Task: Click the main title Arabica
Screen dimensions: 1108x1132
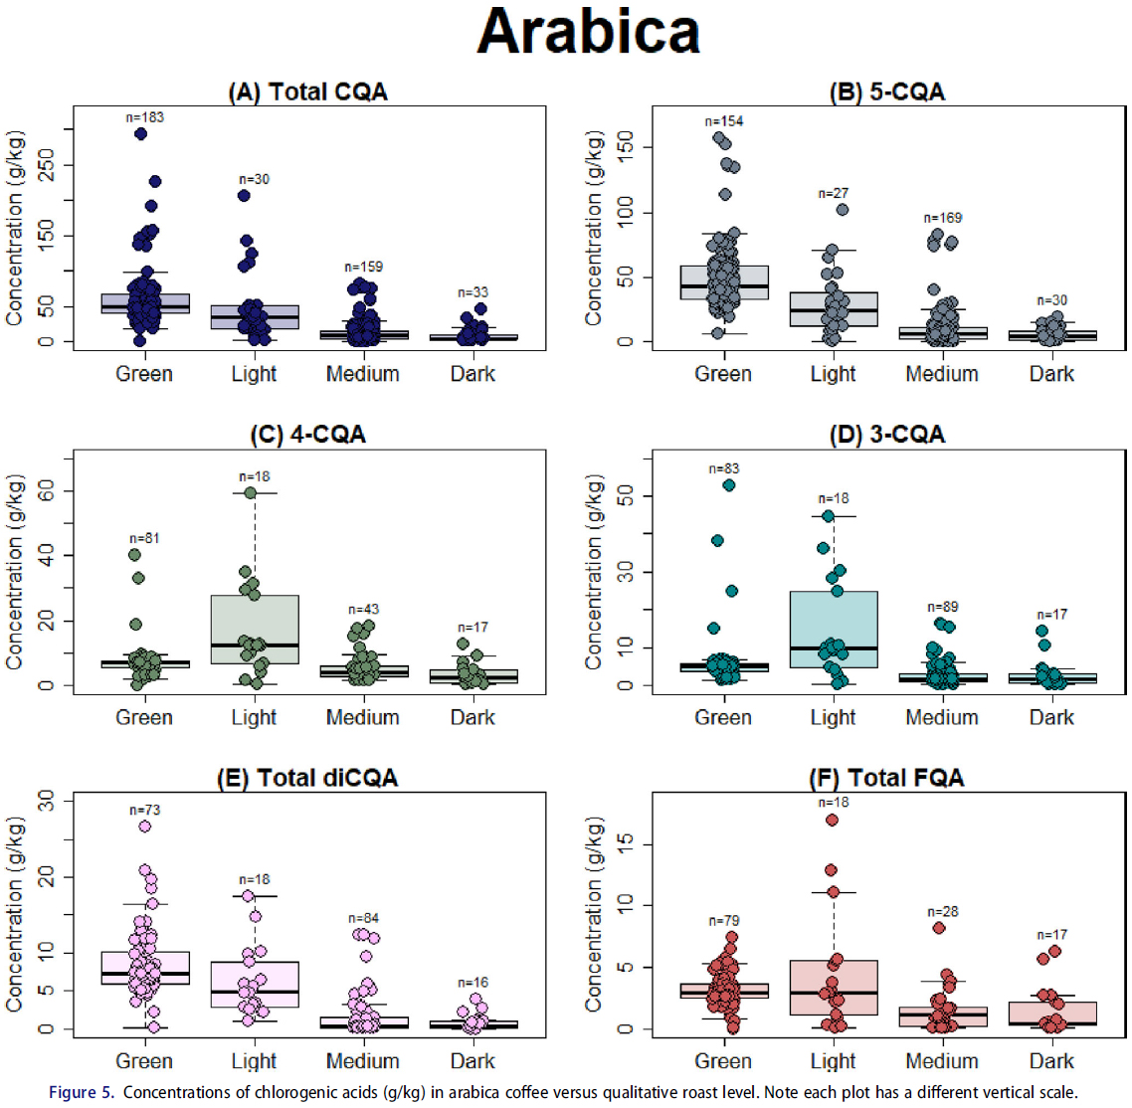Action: click(x=589, y=32)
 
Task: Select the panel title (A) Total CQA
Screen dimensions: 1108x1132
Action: click(x=307, y=92)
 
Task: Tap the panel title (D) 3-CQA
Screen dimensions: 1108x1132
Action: click(x=886, y=436)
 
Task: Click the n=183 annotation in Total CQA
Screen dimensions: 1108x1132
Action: click(x=144, y=117)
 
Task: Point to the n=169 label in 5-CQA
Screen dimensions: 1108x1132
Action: click(x=942, y=218)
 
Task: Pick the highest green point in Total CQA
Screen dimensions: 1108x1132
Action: click(x=140, y=133)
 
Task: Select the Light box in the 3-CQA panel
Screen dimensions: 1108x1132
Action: click(x=833, y=629)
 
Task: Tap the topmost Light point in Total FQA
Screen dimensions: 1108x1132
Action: click(x=832, y=820)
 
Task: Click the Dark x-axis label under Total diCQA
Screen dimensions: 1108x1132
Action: click(x=472, y=1060)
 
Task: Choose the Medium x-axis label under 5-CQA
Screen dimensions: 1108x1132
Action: click(x=941, y=374)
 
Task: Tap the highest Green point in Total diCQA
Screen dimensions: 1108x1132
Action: click(x=144, y=827)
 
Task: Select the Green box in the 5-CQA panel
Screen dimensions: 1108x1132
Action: click(x=723, y=282)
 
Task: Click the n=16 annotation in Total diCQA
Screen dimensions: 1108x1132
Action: click(x=472, y=983)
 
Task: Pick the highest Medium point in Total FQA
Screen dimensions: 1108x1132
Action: click(x=939, y=928)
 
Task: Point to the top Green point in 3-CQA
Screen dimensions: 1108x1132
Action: click(x=728, y=485)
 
